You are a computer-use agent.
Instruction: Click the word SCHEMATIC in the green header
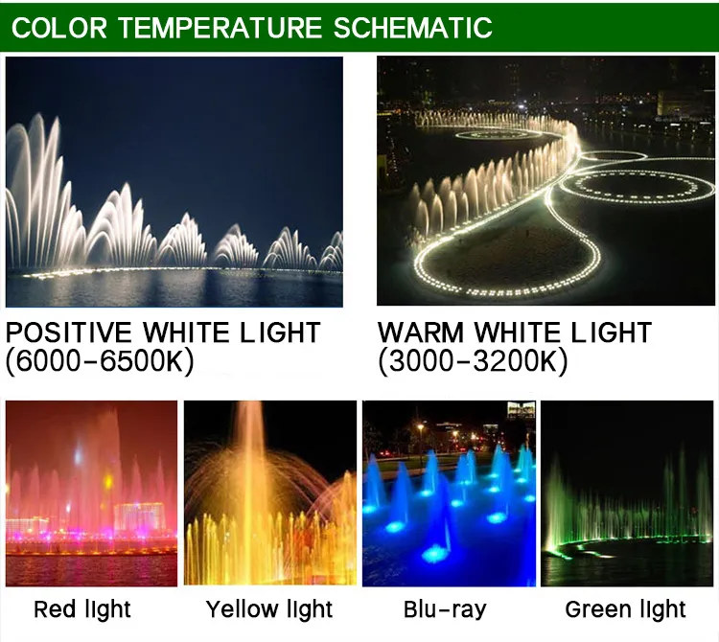pos(413,27)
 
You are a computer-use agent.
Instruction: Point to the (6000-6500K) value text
pos(100,361)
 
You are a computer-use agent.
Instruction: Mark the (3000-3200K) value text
pos(473,361)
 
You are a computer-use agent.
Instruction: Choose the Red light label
pos(82,608)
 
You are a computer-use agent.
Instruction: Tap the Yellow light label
pos(269,608)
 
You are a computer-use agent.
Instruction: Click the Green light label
pos(626,608)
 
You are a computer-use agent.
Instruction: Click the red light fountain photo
pos(91,493)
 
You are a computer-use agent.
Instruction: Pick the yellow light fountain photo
pos(269,493)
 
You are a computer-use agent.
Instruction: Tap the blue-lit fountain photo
pos(448,493)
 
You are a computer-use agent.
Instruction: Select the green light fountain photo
pos(627,493)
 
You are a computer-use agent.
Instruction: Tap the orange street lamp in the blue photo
pos(420,427)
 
